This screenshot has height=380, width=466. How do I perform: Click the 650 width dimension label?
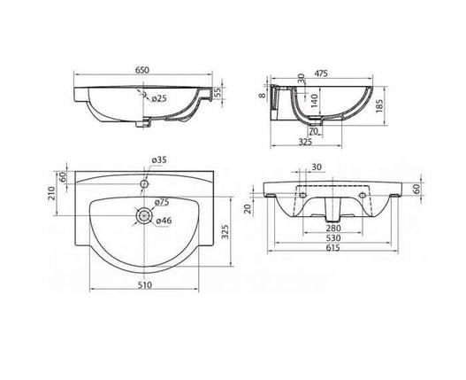142,70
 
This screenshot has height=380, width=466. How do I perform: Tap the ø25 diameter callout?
159,98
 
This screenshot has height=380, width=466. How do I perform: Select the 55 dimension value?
218,92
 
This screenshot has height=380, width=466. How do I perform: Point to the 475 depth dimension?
320,74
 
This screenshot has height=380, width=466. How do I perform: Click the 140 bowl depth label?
315,100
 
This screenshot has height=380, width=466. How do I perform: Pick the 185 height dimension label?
379,105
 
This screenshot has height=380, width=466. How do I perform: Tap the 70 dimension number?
314,131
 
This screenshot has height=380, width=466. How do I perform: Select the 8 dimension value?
262,96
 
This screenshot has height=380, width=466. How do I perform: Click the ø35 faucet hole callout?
159,160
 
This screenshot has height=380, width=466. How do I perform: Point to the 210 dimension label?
51,193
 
